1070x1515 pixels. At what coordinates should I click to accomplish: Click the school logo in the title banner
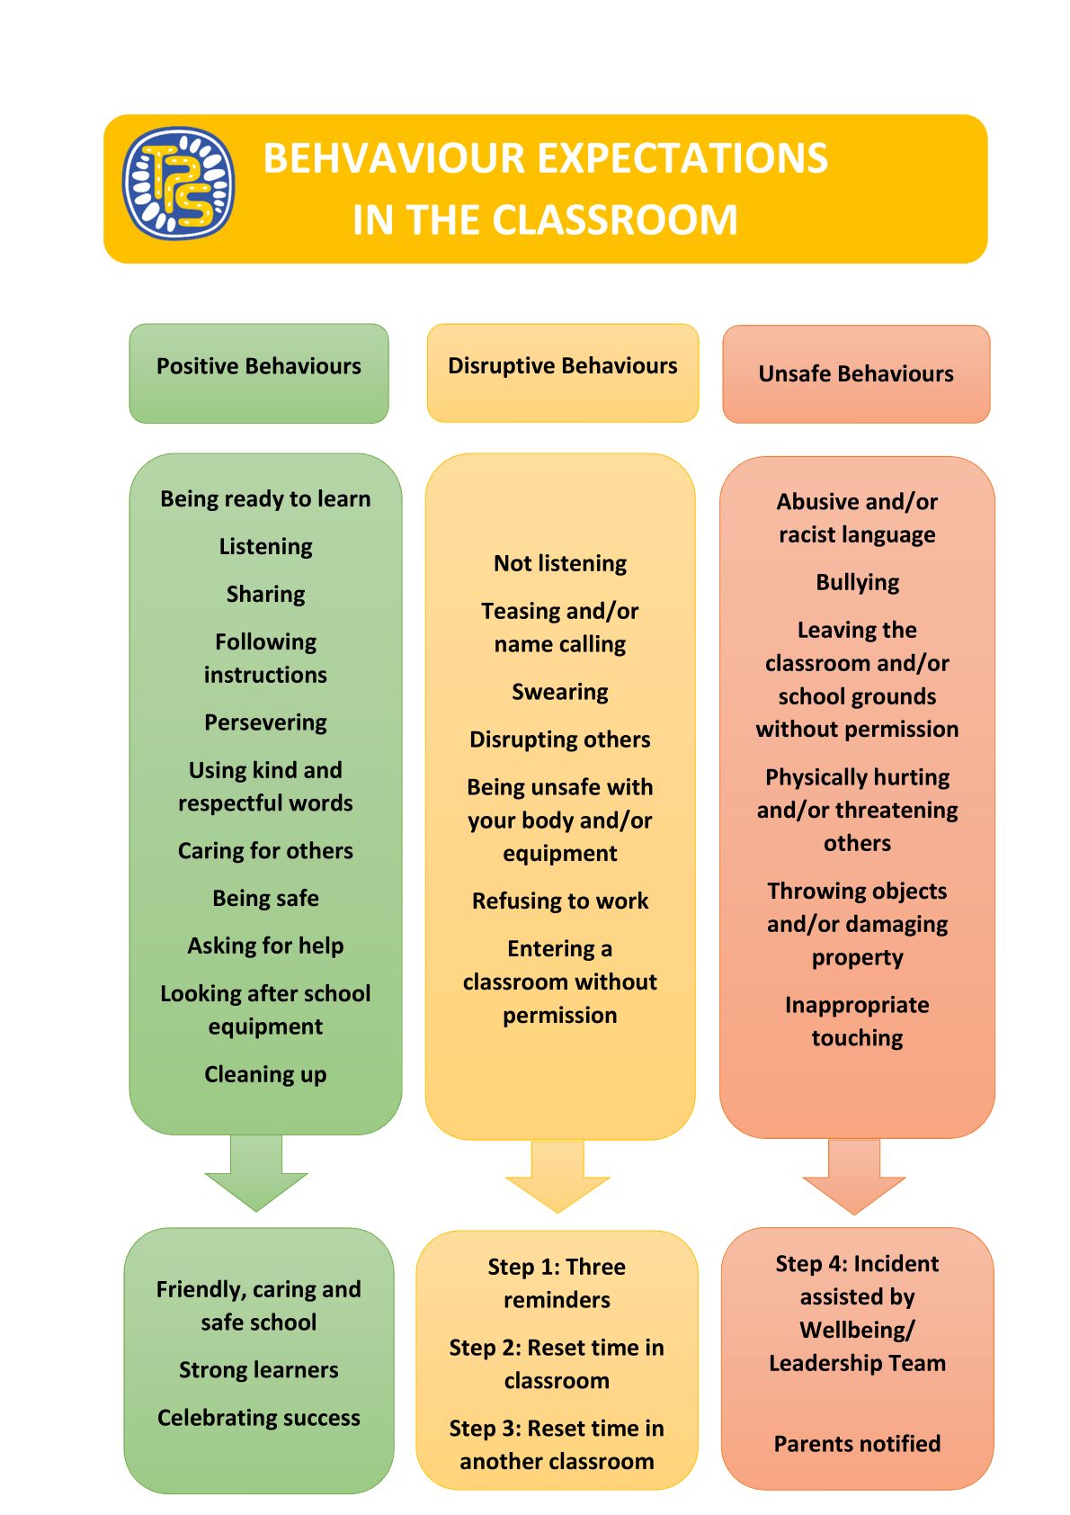178,184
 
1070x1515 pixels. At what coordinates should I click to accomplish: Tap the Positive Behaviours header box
259,372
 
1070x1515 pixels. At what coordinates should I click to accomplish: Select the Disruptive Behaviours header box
563,372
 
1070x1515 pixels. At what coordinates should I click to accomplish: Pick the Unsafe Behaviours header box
856,373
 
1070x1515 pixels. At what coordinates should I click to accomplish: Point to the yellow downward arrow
557,1179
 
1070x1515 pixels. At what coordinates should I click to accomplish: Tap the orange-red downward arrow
854,1179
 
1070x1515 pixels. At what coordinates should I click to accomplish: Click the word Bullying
857,582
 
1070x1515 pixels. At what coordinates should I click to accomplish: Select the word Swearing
560,692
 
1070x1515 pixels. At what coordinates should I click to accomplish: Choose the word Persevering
265,722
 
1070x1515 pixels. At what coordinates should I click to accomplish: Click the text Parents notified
857,1444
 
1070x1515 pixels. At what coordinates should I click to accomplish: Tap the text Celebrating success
259,1418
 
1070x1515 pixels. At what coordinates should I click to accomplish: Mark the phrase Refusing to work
560,901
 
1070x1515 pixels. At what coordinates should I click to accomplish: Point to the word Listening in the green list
265,546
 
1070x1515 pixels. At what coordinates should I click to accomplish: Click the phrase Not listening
560,563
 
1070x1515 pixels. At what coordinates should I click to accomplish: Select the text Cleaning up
265,1074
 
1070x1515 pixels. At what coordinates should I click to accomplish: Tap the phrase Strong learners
259,1370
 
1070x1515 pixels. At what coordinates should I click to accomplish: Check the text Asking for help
265,946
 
